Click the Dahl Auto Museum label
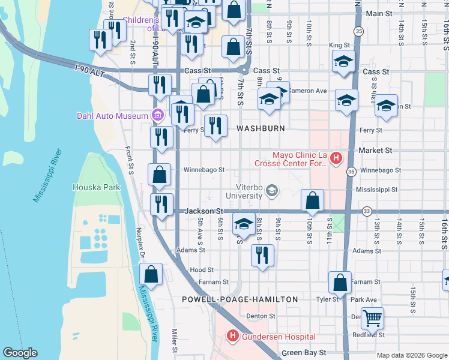112,116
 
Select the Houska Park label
96,187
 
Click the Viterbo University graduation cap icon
272,191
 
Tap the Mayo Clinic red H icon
336,158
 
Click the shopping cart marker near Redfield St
372,318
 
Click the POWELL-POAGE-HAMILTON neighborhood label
240,299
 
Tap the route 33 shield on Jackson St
366,211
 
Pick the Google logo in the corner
20,353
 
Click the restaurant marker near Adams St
262,256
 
